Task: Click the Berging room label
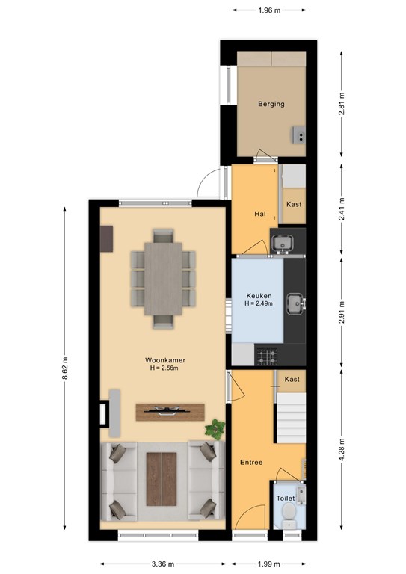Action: pyautogui.click(x=271, y=104)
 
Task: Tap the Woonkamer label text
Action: pyautogui.click(x=165, y=360)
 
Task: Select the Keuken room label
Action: pyautogui.click(x=259, y=296)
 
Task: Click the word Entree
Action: pyautogui.click(x=251, y=463)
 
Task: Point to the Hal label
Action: pyautogui.click(x=260, y=214)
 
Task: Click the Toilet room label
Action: pyautogui.click(x=286, y=499)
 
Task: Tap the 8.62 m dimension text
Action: pyautogui.click(x=65, y=368)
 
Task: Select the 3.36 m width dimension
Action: pyautogui.click(x=163, y=564)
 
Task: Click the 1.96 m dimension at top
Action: pyautogui.click(x=269, y=10)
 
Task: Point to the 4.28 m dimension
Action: pyautogui.click(x=342, y=449)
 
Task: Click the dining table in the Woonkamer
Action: pyautogui.click(x=163, y=279)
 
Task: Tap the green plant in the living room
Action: pyautogui.click(x=215, y=429)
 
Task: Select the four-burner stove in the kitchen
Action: pyautogui.click(x=266, y=357)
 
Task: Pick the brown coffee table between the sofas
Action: pyautogui.click(x=162, y=479)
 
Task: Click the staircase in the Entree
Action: pyautogui.click(x=291, y=418)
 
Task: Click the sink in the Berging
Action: pyautogui.click(x=298, y=135)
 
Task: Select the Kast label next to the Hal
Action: pyautogui.click(x=294, y=204)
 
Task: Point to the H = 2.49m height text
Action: pyautogui.click(x=259, y=303)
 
